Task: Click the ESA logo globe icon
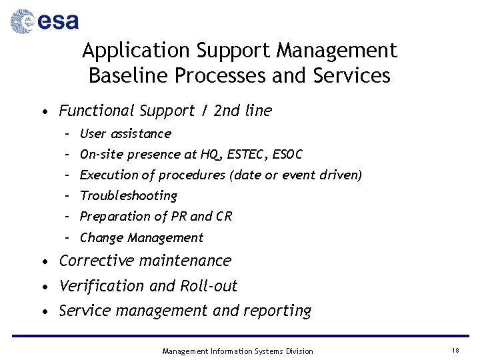point(22,21)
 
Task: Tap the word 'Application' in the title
point(137,51)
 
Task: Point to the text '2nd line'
point(243,111)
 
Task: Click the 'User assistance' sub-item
point(125,134)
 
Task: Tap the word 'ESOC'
point(288,155)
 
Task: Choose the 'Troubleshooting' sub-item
point(129,196)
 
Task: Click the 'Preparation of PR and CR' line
point(156,217)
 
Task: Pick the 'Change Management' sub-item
point(141,238)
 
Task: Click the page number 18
point(455,351)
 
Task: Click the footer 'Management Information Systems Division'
point(237,351)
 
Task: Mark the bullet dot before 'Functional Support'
point(43,112)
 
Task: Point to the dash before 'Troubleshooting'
point(68,196)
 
